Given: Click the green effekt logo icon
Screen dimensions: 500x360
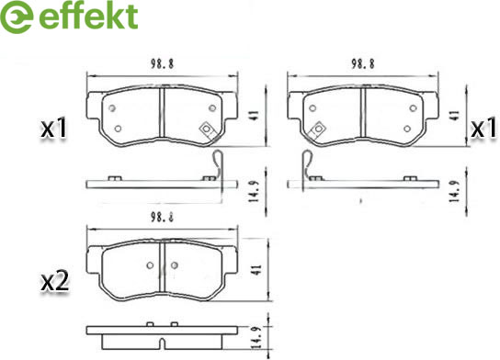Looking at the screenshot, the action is tap(16, 17).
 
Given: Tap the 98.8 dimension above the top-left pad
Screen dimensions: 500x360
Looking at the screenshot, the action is tap(162, 64).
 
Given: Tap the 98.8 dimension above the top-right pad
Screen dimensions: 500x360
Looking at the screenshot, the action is tap(363, 64).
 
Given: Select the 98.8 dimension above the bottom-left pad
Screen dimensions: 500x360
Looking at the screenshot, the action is tap(162, 218).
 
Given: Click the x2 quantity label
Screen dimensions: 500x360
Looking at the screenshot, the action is tap(55, 282).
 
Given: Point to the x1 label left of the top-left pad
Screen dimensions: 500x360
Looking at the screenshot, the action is tap(54, 128).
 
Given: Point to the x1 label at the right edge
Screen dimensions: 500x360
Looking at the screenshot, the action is tap(484, 128).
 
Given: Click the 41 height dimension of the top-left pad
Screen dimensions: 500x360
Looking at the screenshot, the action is tap(255, 116).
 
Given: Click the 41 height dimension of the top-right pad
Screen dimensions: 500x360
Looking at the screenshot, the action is tap(455, 116).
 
